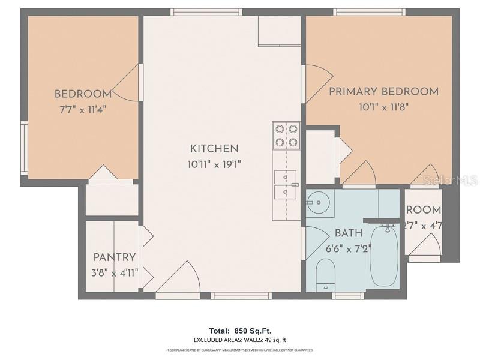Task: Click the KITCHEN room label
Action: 214,149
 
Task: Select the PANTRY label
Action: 114,257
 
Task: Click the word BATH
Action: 349,233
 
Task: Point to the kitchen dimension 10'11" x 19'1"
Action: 214,164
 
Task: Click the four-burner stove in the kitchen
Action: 286,136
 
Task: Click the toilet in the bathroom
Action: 325,274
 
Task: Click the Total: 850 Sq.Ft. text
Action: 239,331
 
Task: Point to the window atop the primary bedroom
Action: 368,11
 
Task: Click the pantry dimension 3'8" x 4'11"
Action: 114,273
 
